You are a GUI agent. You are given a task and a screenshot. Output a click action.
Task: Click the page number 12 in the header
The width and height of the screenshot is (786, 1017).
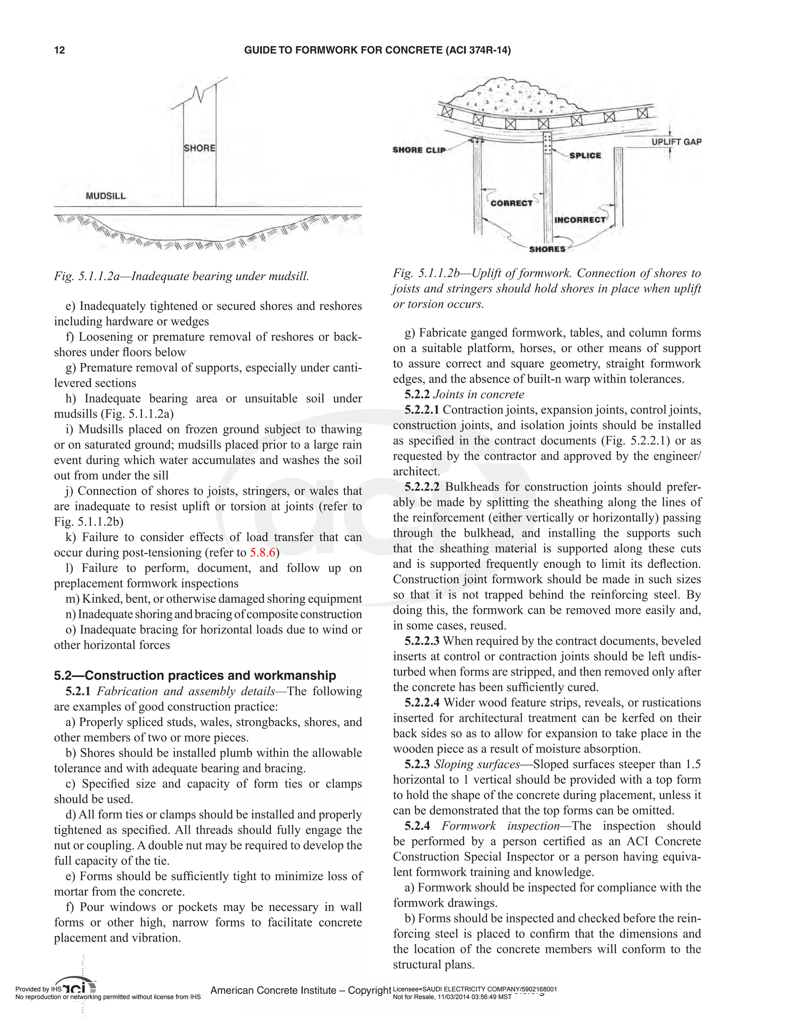click(59, 50)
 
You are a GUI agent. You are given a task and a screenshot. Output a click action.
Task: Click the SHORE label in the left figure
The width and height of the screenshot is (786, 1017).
click(199, 148)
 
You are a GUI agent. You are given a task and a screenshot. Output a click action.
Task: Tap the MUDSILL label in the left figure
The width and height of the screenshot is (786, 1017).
click(106, 196)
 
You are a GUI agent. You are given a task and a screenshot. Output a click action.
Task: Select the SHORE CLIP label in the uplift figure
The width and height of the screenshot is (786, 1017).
click(419, 150)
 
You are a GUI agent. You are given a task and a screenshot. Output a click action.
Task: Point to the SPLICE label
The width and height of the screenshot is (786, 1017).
click(585, 155)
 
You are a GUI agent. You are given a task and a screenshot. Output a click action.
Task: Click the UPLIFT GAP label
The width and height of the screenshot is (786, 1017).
click(676, 142)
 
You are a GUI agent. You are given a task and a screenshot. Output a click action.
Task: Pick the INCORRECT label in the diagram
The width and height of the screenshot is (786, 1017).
click(580, 220)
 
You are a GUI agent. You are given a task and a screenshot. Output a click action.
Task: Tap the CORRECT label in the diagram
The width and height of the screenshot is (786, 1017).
click(511, 203)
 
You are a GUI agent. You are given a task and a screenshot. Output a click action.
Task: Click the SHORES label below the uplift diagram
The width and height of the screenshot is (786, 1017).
click(547, 249)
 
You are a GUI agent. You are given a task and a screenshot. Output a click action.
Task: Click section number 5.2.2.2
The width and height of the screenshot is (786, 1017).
click(422, 487)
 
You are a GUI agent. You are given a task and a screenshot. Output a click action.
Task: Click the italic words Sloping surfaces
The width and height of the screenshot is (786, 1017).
click(477, 764)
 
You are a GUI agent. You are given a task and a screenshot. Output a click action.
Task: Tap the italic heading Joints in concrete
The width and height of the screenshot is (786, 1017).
click(478, 395)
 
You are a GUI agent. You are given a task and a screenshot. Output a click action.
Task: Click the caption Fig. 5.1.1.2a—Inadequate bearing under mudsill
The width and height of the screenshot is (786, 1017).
click(182, 276)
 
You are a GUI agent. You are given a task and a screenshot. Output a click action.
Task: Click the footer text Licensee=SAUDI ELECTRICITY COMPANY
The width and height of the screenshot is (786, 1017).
click(475, 989)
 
